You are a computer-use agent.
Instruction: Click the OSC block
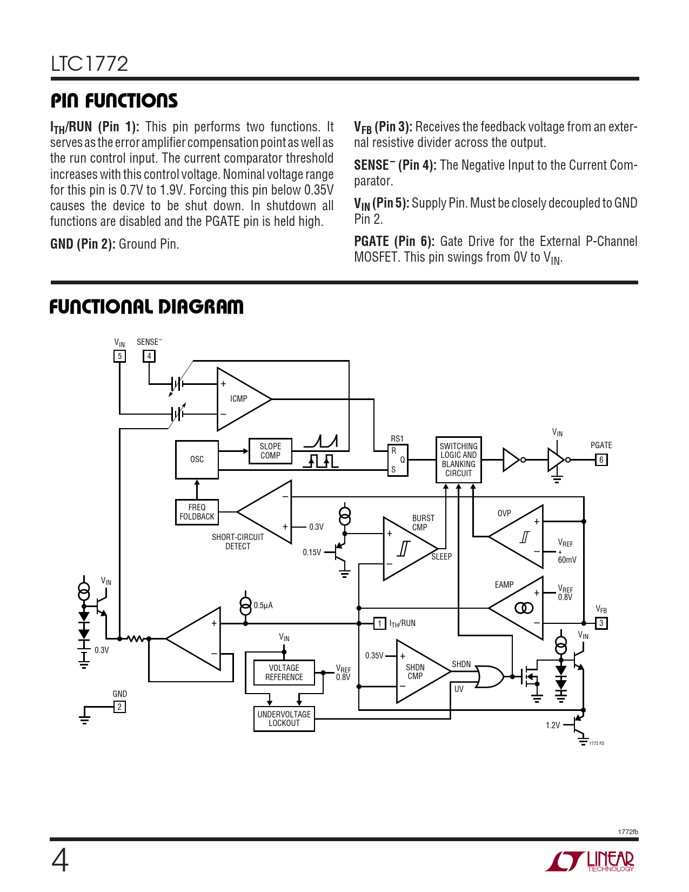(197, 460)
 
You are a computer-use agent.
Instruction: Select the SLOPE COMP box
(270, 451)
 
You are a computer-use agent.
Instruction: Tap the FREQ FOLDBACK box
(197, 512)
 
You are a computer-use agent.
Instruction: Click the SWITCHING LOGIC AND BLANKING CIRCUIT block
(458, 460)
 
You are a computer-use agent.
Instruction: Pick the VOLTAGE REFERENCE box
(284, 673)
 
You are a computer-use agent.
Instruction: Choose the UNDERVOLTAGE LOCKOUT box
(284, 719)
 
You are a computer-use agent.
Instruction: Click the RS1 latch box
(398, 460)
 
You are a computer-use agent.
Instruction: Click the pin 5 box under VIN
(119, 356)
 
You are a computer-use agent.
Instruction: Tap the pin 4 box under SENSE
(149, 356)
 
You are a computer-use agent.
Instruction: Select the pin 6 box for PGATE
(601, 460)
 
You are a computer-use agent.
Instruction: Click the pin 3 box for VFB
(601, 623)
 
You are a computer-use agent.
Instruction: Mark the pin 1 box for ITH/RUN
(379, 623)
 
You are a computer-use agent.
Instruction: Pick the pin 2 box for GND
(119, 707)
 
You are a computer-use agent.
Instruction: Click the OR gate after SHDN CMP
(489, 676)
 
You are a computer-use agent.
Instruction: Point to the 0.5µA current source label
(263, 605)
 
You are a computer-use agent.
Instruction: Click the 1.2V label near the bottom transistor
(552, 725)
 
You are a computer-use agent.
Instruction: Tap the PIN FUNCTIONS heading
(114, 101)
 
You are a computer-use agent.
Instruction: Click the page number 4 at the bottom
(60, 861)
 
